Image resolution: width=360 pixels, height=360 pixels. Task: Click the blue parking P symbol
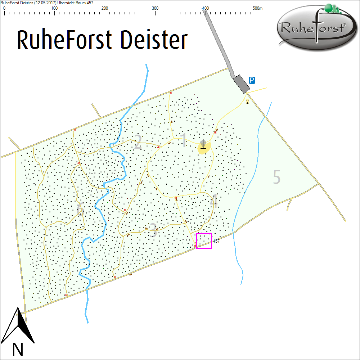coord(252,80)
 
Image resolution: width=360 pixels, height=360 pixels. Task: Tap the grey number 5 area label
coord(276,177)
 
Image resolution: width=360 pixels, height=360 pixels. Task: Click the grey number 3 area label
coord(153,230)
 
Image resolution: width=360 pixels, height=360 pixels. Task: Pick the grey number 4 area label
coord(213,201)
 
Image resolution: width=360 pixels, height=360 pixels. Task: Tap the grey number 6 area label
coord(80,210)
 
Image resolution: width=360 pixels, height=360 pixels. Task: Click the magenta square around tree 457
coord(204,241)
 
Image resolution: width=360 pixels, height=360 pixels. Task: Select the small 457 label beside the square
coord(216,241)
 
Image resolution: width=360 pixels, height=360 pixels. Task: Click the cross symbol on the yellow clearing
coord(204,144)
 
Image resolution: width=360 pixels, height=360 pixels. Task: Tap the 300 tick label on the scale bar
coord(155,8)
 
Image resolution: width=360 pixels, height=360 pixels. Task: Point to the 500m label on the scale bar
coord(258,8)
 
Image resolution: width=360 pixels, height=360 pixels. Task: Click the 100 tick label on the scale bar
coord(54,8)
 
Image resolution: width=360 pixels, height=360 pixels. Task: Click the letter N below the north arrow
coord(18,349)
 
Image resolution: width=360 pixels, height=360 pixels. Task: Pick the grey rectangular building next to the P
coord(241,84)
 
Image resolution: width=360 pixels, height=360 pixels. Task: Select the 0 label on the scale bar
coord(4,8)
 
